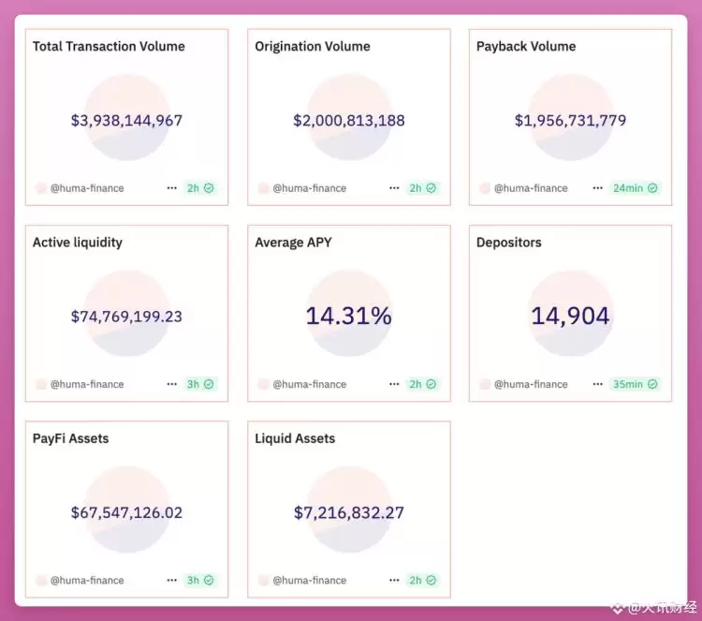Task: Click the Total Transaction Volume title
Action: [x=109, y=46]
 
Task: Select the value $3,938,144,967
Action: [x=126, y=120]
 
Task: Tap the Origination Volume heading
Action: [x=313, y=46]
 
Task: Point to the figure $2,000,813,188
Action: [x=349, y=120]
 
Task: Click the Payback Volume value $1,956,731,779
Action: [x=570, y=120]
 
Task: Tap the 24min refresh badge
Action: [x=635, y=187]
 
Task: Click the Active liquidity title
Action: [x=78, y=242]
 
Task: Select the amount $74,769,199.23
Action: [x=126, y=317]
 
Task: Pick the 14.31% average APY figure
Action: [x=348, y=316]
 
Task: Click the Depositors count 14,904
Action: [x=570, y=316]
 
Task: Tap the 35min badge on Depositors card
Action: [x=635, y=384]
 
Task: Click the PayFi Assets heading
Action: [x=71, y=438]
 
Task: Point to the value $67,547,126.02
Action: [x=126, y=512]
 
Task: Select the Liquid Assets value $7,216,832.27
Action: [x=349, y=512]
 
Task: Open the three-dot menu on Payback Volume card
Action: [x=597, y=187]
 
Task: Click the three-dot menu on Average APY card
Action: [x=394, y=384]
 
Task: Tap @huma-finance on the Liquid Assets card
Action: [x=309, y=581]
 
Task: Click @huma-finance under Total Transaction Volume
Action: [x=86, y=188]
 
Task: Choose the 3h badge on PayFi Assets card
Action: [x=199, y=581]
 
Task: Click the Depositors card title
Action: [x=509, y=242]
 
